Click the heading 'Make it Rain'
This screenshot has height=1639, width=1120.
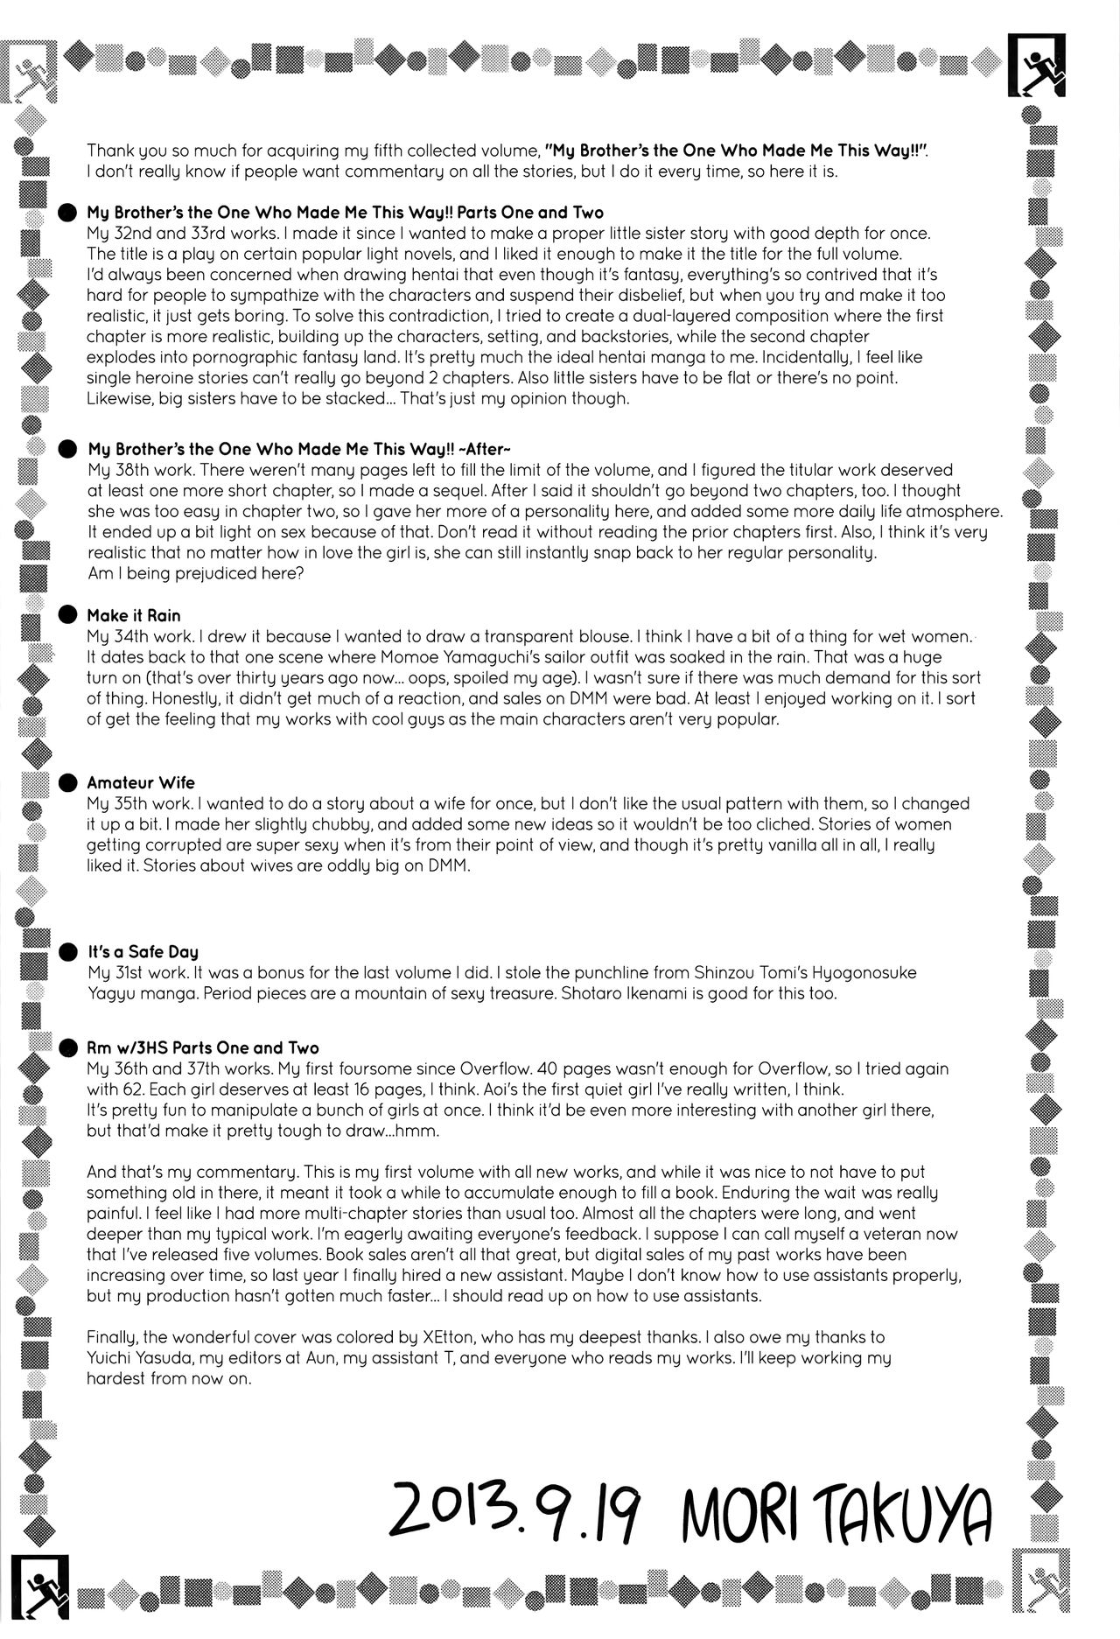[x=134, y=615]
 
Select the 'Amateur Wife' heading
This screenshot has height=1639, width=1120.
[x=141, y=782]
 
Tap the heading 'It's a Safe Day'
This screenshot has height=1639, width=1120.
[x=143, y=951]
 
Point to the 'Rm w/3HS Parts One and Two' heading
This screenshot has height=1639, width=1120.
[x=202, y=1047]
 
